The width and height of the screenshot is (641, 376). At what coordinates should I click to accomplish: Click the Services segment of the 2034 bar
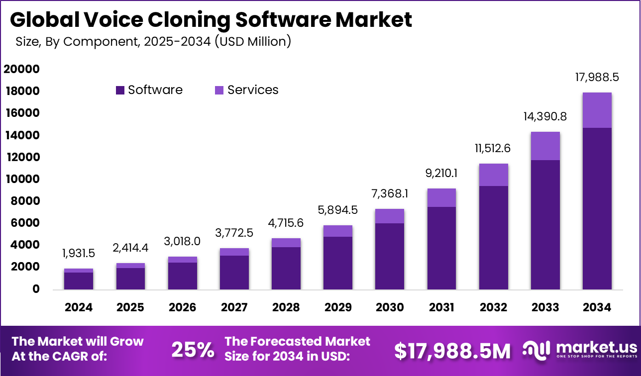click(x=597, y=110)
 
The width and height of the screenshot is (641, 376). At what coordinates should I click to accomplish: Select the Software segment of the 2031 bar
click(x=441, y=248)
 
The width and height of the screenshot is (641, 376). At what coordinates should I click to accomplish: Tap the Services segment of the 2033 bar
click(x=545, y=146)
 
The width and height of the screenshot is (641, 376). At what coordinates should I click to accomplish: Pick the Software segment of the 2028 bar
click(x=286, y=268)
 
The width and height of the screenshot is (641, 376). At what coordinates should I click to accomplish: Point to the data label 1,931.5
click(x=79, y=253)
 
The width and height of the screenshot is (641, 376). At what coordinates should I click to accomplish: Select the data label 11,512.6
click(x=493, y=148)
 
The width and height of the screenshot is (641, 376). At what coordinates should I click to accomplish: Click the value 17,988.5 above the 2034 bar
click(x=597, y=77)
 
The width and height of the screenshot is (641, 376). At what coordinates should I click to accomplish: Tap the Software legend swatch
click(x=120, y=90)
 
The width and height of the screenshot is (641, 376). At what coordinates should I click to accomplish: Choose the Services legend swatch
click(x=219, y=90)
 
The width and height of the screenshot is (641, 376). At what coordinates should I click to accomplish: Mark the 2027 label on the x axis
click(x=234, y=307)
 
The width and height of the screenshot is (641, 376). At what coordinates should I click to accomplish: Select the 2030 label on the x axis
click(x=390, y=307)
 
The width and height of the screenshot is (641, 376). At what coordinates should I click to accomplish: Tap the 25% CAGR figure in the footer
click(x=193, y=350)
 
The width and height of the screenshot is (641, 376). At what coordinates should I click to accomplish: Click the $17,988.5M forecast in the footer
click(x=452, y=351)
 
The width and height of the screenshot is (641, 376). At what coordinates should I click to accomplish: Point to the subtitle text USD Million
click(x=252, y=42)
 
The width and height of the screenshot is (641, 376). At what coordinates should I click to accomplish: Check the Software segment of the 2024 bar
click(x=79, y=281)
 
